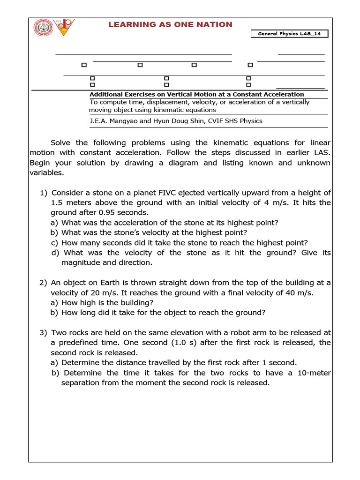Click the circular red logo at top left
pos(43,28)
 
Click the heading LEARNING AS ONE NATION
pos(170,24)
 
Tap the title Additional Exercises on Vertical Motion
pos(196,94)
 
